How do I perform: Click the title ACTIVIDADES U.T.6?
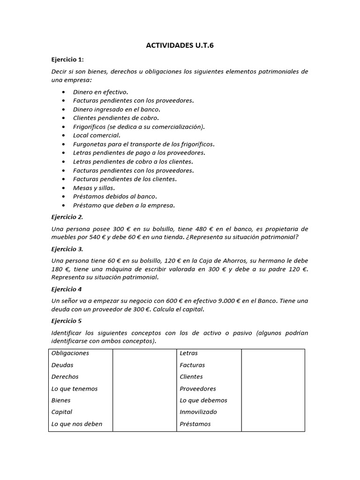click(180, 45)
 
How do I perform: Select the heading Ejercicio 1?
click(67, 60)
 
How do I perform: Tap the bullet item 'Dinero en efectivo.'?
click(100, 92)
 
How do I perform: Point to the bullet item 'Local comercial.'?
click(97, 135)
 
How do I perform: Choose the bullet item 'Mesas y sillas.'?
click(94, 187)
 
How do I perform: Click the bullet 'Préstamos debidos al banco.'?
click(115, 196)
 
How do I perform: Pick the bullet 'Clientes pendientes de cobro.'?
click(116, 118)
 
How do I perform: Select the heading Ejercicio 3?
click(67, 249)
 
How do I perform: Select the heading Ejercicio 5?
click(67, 321)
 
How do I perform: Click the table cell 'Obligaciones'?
click(70, 353)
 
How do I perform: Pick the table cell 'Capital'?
click(62, 412)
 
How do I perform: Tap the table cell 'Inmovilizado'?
click(198, 412)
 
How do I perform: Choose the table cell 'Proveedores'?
click(198, 389)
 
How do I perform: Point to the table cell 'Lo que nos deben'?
click(77, 424)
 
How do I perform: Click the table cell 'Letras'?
click(189, 353)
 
